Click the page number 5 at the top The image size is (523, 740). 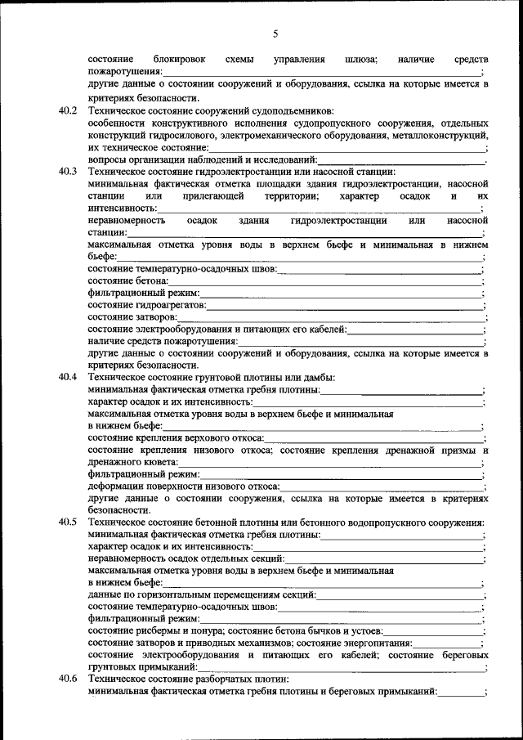pyautogui.click(x=275, y=34)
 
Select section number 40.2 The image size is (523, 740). pyautogui.click(x=68, y=110)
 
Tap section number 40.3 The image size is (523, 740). pyautogui.click(x=68, y=172)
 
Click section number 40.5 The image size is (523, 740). pyautogui.click(x=68, y=522)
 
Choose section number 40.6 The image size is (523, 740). pyautogui.click(x=68, y=679)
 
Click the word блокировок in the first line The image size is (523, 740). pyautogui.click(x=179, y=60)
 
